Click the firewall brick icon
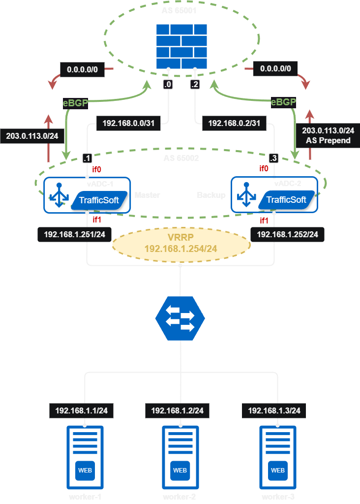tap(181, 46)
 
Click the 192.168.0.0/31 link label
tap(128, 124)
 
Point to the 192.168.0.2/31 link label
tap(234, 124)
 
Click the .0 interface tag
tap(168, 85)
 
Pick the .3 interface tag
tap(274, 158)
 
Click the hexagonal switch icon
tap(180, 318)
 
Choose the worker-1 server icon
tap(85, 457)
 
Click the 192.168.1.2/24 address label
tap(180, 410)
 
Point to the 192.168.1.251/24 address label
tap(74, 234)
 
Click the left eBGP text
tap(75, 103)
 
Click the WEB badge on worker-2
tap(180, 470)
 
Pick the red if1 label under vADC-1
tap(97, 220)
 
